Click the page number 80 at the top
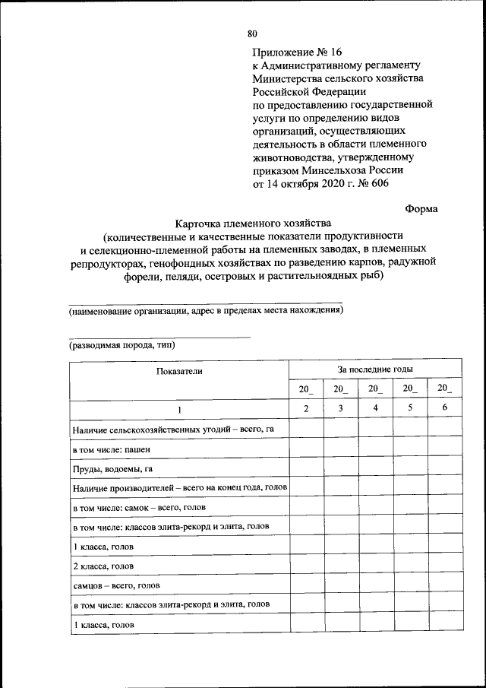(x=253, y=33)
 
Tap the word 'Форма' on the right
(x=421, y=207)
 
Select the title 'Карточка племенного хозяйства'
(x=254, y=224)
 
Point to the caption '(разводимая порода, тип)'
(x=121, y=344)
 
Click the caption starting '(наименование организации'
(x=206, y=310)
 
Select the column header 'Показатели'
(x=180, y=371)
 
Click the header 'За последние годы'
(x=375, y=369)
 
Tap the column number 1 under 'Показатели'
(x=180, y=410)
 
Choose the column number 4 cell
(x=375, y=409)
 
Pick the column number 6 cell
(x=445, y=409)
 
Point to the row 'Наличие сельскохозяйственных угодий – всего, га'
(x=172, y=430)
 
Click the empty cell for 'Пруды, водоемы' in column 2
(x=306, y=468)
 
